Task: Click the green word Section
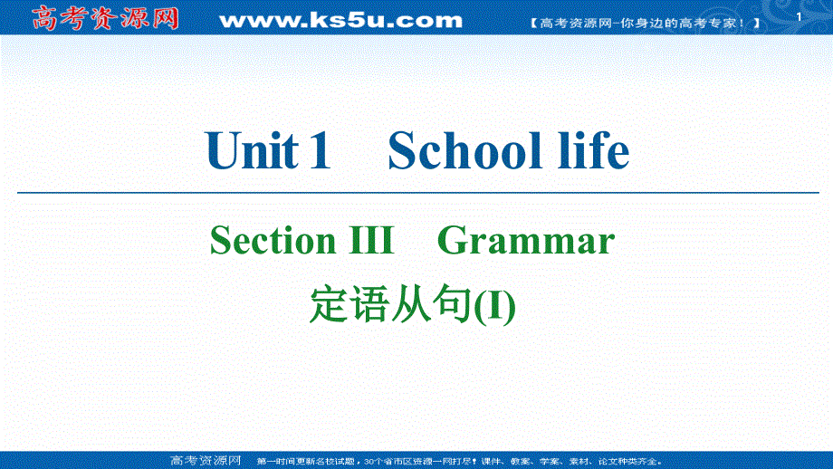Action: coord(272,241)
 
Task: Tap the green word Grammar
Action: coord(526,241)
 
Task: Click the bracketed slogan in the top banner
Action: coord(644,22)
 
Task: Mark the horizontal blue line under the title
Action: coord(416,192)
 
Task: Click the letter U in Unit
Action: coord(223,150)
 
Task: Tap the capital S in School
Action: coord(402,150)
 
